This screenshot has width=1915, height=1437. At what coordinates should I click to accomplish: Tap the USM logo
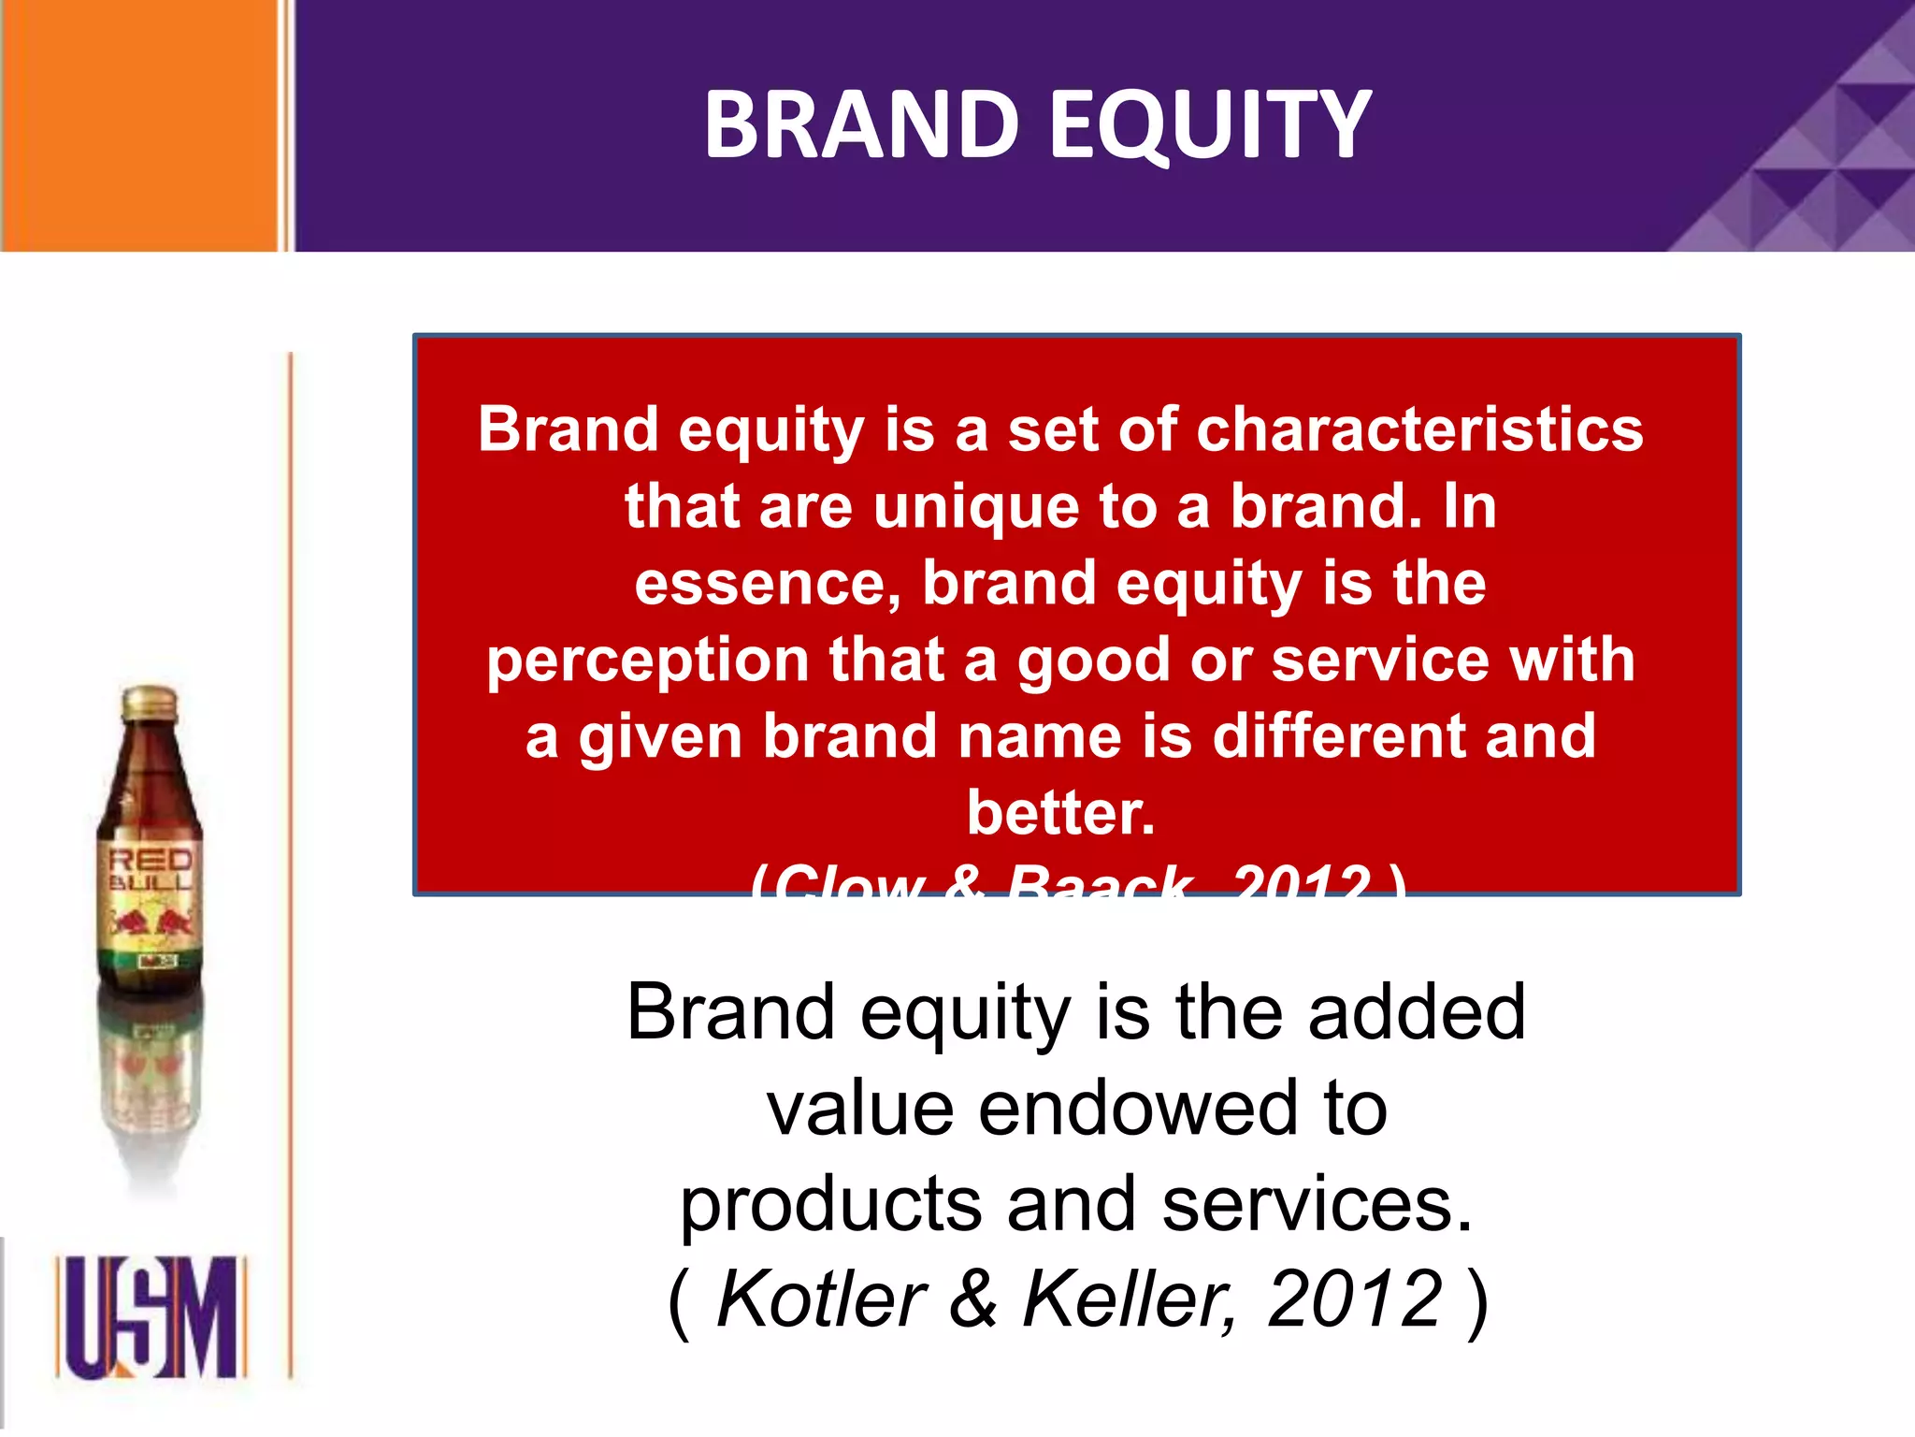[x=151, y=1317]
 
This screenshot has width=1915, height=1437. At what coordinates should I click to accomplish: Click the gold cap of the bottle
[x=150, y=704]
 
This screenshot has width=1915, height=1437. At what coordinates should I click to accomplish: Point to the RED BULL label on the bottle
[x=150, y=870]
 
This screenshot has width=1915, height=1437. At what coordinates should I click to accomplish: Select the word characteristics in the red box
[x=1418, y=430]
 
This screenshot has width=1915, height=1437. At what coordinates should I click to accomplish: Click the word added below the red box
[x=1417, y=1013]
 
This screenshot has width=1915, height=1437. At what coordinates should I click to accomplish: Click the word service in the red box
[x=1381, y=660]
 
